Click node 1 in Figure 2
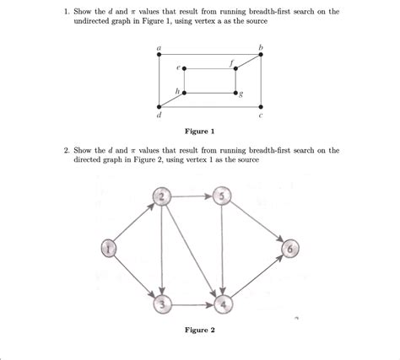[107, 247]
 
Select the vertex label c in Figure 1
[262, 115]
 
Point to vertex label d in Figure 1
[158, 115]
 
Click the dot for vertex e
[184, 67]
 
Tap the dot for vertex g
[236, 92]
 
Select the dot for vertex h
[184, 92]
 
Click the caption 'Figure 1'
[199, 132]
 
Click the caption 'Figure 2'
[199, 330]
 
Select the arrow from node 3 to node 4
[193, 302]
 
